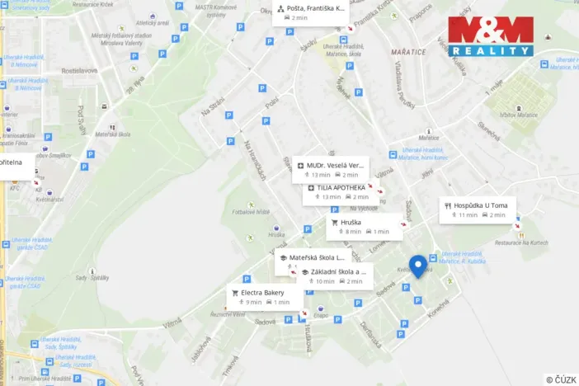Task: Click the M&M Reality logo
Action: point(491,36)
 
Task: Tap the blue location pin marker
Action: point(417,266)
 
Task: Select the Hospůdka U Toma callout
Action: point(478,209)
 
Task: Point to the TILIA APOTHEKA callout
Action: point(339,192)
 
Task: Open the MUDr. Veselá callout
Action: point(332,170)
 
